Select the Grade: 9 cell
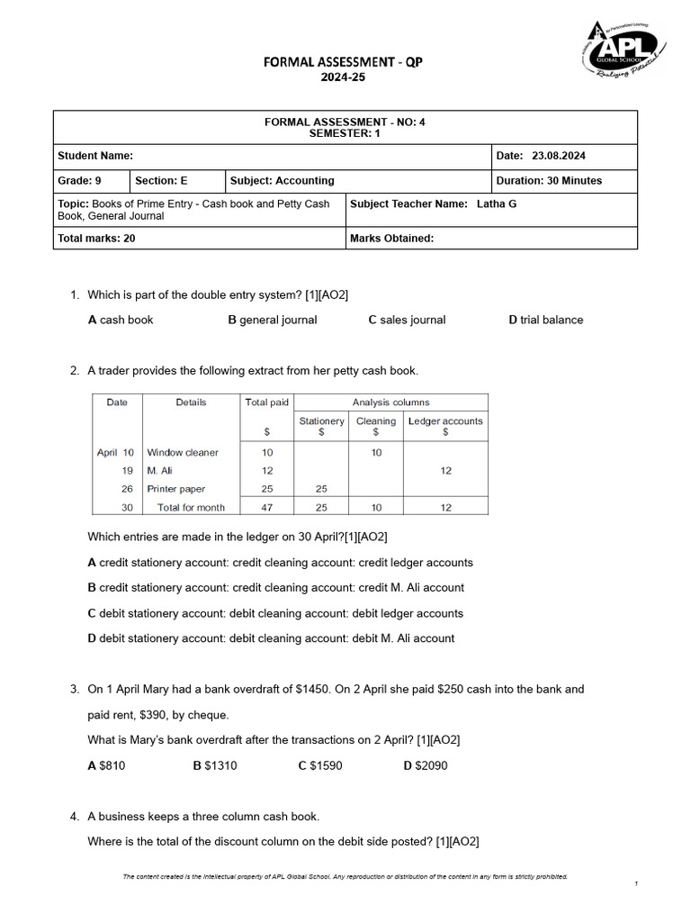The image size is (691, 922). click(x=79, y=180)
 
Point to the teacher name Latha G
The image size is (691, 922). click(x=497, y=203)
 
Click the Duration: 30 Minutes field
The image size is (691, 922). click(x=549, y=180)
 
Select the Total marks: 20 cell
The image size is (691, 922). click(x=96, y=239)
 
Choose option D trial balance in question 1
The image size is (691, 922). click(x=545, y=320)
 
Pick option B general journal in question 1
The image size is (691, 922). click(x=273, y=320)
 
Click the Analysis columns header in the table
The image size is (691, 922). click(x=390, y=402)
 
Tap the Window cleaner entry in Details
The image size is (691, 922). click(x=183, y=453)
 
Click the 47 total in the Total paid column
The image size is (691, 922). click(x=266, y=508)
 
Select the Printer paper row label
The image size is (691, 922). click(x=176, y=489)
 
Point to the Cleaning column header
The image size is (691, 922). click(x=375, y=421)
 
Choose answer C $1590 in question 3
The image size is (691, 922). click(x=320, y=765)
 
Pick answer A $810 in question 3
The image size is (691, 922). click(x=106, y=765)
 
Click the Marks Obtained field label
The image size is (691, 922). click(x=391, y=239)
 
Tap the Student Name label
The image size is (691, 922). click(x=95, y=156)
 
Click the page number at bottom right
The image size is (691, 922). click(x=635, y=884)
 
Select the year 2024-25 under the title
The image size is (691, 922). click(x=345, y=77)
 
